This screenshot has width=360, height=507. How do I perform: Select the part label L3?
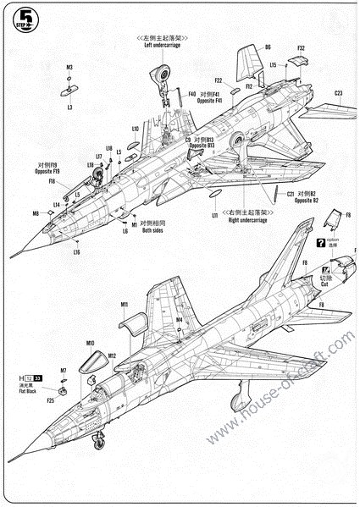(x=69, y=107)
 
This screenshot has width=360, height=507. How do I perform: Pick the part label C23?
(x=338, y=93)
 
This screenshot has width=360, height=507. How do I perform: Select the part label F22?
(x=218, y=80)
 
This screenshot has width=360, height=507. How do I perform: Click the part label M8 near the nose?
(x=36, y=213)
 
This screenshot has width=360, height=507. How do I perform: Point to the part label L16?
(x=76, y=251)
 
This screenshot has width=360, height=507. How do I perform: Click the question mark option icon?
(x=320, y=243)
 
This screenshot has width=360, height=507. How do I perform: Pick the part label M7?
(x=63, y=370)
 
